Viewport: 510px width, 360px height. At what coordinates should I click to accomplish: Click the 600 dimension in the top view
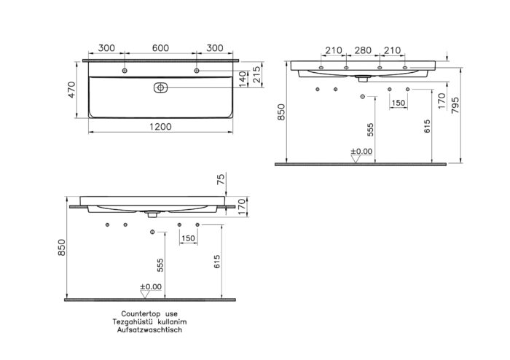coord(160,48)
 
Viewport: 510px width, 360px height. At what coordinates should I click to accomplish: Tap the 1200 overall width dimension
coord(160,126)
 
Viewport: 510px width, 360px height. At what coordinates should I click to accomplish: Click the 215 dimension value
coord(256,73)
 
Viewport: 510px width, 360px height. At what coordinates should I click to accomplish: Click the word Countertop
coord(130,313)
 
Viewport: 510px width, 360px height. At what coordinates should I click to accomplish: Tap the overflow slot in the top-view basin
coord(160,87)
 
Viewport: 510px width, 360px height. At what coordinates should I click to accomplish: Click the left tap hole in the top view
coord(125,71)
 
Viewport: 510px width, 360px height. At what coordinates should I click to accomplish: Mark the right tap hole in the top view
coord(196,71)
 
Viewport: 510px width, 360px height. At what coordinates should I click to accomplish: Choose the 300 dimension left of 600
coord(106,48)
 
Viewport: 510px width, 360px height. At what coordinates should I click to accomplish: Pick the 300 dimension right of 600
coord(214,48)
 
